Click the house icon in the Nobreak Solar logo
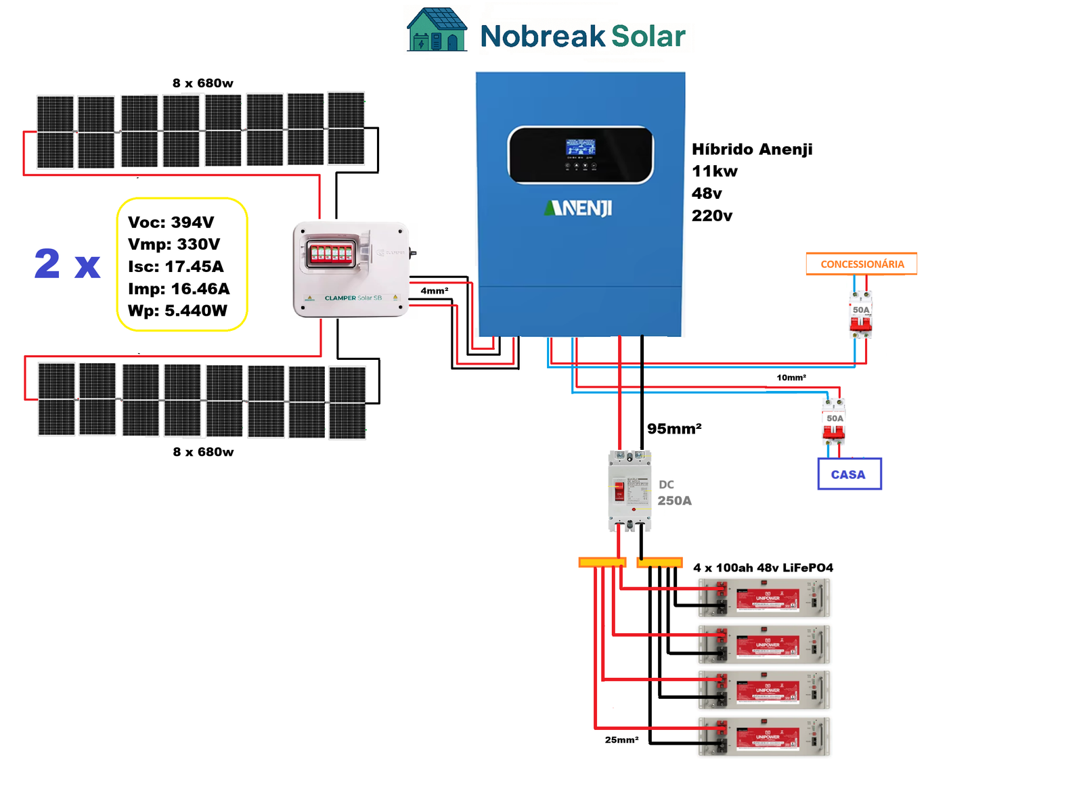point(437,30)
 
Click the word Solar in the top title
point(648,37)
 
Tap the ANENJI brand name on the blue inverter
point(578,208)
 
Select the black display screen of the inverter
point(580,154)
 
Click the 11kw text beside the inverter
point(714,171)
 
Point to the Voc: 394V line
point(171,223)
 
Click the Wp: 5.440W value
point(177,311)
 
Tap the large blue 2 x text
point(67,264)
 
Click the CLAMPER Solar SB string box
point(351,270)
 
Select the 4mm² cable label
point(434,291)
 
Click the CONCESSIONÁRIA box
point(861,264)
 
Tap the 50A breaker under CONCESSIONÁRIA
point(860,314)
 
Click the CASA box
point(849,474)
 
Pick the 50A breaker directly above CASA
point(834,421)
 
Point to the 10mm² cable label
point(791,377)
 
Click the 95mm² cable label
point(673,429)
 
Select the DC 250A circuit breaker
point(629,491)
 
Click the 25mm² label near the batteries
point(621,740)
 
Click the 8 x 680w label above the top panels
point(202,83)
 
